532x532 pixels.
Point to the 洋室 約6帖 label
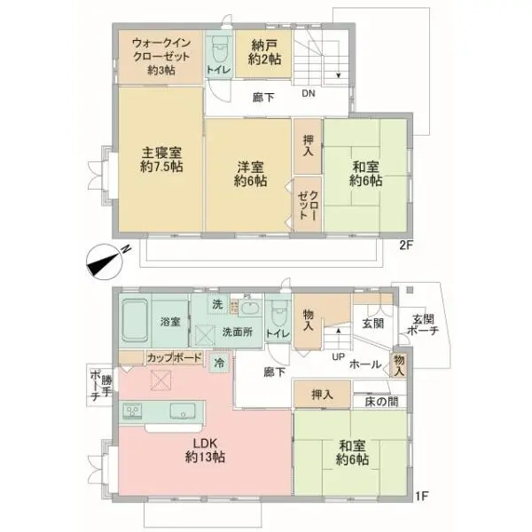tap(250, 171)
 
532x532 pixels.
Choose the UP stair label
tap(338, 357)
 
